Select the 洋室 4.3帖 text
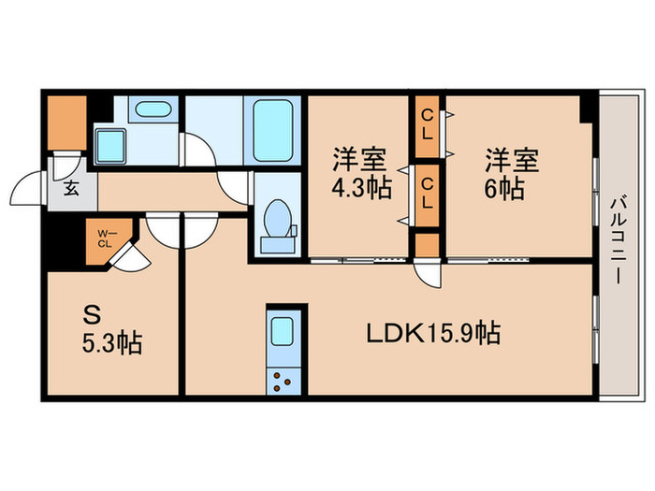(x=358, y=174)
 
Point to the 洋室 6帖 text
(x=511, y=174)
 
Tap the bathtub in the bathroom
(x=273, y=131)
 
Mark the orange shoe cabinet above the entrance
(x=65, y=122)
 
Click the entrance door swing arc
(x=28, y=192)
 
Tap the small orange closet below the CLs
(x=427, y=244)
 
